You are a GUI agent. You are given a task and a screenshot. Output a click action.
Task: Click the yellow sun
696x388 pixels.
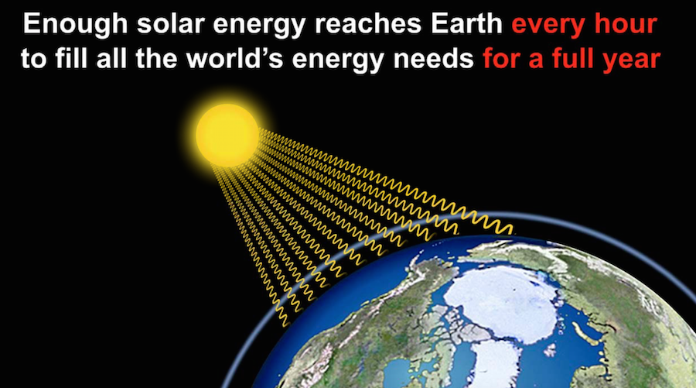click(227, 135)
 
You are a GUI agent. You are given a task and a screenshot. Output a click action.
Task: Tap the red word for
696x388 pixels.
click(502, 58)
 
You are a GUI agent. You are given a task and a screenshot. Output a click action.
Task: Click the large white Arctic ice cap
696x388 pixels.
click(502, 302)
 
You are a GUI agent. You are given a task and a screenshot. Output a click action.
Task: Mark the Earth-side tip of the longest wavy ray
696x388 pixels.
click(513, 232)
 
